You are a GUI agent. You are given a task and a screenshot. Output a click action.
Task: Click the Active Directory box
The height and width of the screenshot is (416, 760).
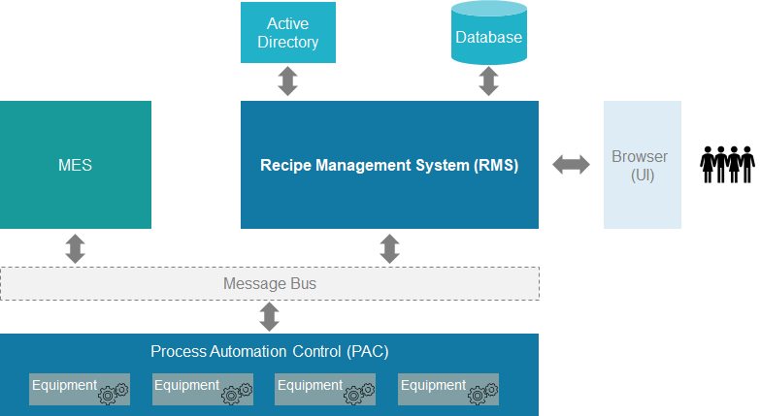coord(287,32)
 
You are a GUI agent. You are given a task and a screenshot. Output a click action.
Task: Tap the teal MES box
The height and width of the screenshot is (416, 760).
coord(75,165)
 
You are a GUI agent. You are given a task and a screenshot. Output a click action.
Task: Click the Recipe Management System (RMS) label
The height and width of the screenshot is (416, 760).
coord(389,165)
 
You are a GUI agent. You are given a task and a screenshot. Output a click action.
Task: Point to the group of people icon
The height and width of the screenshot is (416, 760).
coord(727,165)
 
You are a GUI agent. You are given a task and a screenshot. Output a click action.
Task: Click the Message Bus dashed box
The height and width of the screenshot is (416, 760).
coord(270,284)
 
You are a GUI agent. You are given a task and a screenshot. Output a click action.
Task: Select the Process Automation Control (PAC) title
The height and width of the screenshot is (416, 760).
coord(270,351)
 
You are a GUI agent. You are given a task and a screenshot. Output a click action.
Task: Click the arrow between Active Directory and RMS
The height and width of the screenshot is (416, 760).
coord(287,81)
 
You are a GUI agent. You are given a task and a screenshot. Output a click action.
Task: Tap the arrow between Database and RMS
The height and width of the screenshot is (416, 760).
coord(488,81)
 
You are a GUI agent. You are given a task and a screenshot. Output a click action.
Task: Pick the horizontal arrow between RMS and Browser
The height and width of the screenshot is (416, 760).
coord(571,165)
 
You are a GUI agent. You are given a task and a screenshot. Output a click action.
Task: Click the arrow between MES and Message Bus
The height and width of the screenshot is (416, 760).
coord(75,248)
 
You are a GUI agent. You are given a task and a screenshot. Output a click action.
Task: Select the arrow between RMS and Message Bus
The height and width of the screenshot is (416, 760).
coord(389,248)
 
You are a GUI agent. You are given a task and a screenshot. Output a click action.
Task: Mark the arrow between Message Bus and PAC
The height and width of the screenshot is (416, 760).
coord(270,317)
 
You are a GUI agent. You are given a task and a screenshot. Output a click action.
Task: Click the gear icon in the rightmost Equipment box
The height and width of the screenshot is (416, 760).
coord(482,393)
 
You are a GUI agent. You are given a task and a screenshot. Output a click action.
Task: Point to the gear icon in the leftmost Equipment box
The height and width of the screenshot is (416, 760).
coord(113,393)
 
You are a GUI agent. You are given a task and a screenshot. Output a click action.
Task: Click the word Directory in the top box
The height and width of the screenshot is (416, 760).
coord(288,42)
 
